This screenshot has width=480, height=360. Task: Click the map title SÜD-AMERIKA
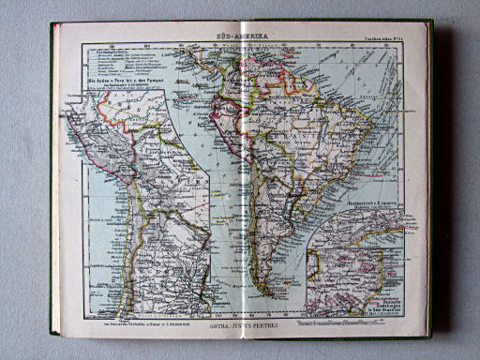click(238, 34)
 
